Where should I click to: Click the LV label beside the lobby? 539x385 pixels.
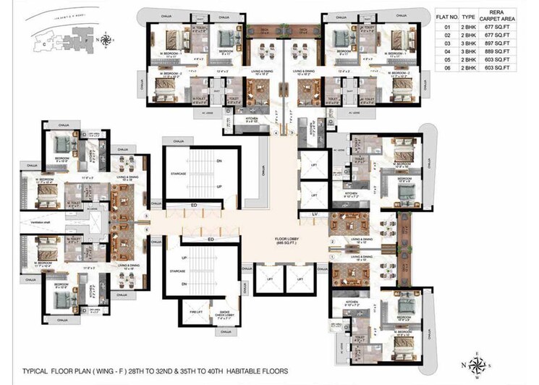tap(314, 215)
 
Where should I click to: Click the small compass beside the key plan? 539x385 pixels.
tap(106, 40)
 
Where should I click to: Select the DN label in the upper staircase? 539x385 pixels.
tap(218, 161)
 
